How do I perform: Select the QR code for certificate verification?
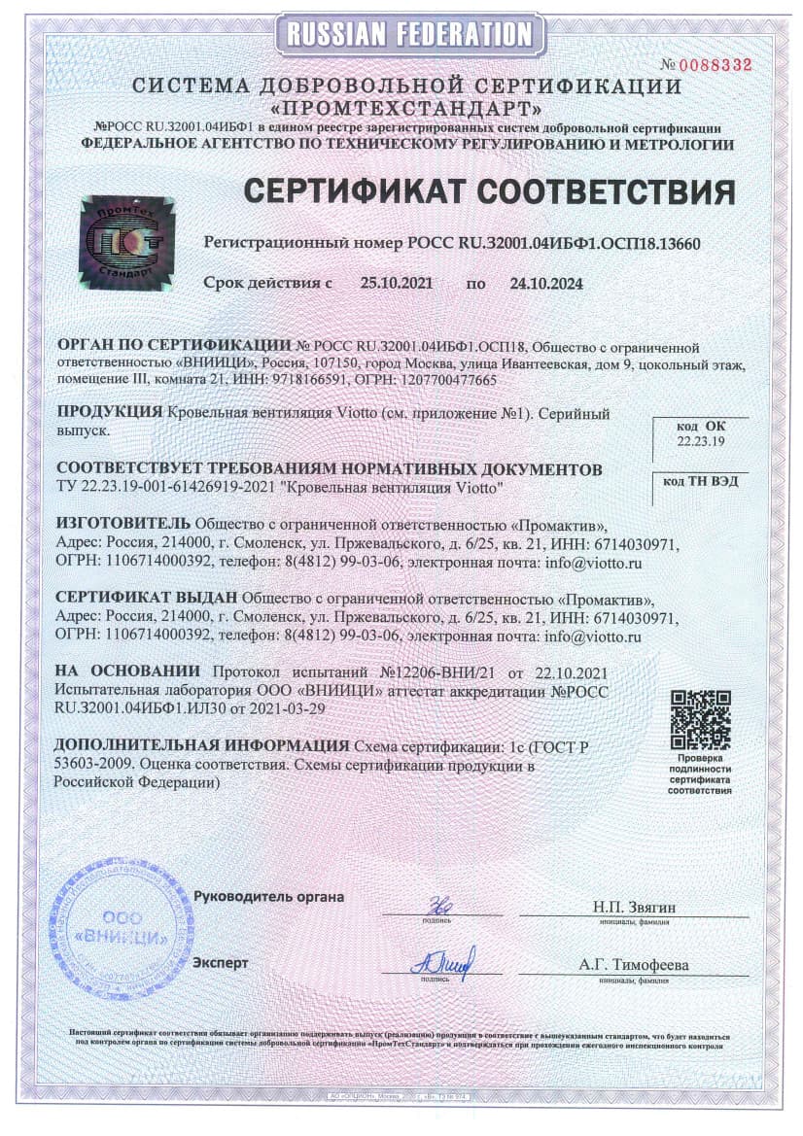coord(700,718)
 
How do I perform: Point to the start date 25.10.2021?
coord(396,284)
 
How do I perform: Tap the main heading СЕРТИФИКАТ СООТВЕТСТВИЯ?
coord(488,190)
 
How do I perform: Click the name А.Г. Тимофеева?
coord(633,965)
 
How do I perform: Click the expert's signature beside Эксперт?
coord(442,961)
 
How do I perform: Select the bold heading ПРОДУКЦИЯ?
coord(110,412)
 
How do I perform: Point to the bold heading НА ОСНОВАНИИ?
coord(127,671)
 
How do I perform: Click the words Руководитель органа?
coord(268,896)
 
